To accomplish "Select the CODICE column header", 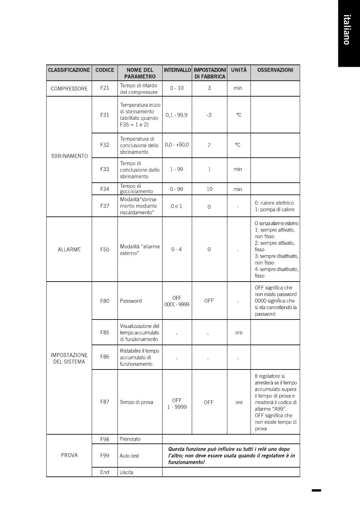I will (105, 70).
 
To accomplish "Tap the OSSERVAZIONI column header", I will (275, 70).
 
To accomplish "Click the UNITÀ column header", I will (239, 70).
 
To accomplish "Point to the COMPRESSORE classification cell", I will (69, 89).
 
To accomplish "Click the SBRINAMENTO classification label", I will (69, 156).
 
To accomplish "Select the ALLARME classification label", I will (69, 250).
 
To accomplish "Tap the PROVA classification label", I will (69, 456).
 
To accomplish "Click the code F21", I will (105, 88).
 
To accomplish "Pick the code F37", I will (105, 206).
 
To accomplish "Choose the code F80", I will (105, 301).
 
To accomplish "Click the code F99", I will (105, 456).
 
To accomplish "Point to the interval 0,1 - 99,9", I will (177, 115).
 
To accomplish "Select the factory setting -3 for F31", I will (209, 115).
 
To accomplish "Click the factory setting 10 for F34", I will (209, 189).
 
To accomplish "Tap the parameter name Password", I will (131, 301).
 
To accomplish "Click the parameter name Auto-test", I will (129, 456).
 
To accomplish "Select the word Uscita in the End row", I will (126, 473).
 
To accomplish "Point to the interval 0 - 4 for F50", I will (177, 249).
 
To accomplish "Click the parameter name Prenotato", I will (130, 439).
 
